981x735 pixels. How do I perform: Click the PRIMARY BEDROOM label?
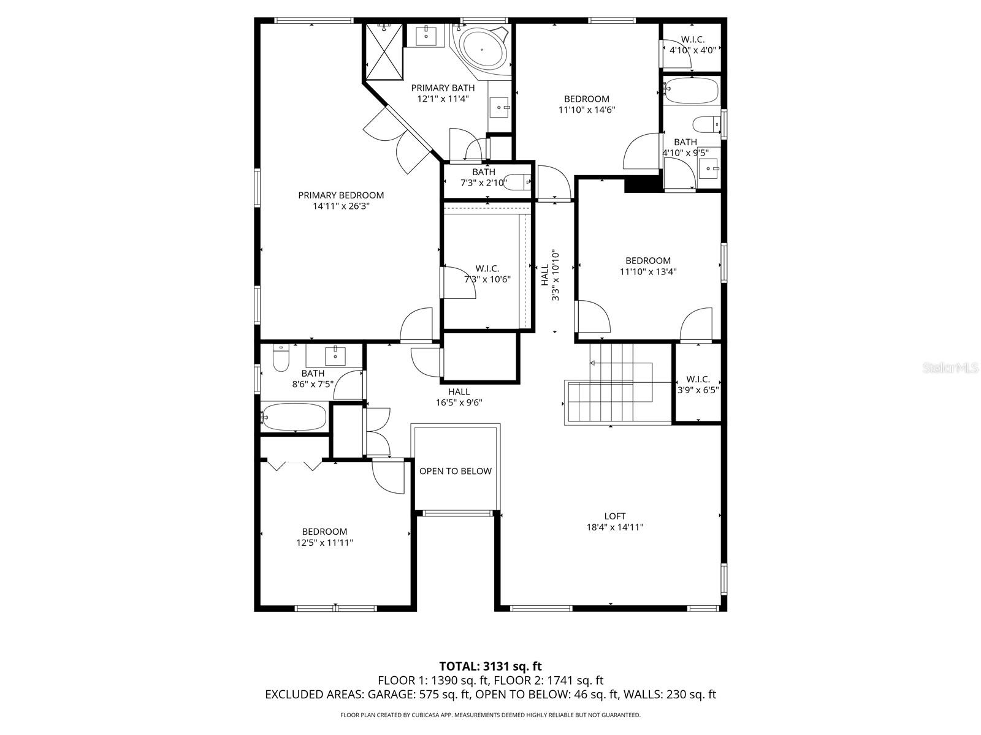[x=341, y=195]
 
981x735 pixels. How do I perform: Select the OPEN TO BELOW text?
[x=455, y=471]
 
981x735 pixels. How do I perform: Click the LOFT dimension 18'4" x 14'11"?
[x=614, y=527]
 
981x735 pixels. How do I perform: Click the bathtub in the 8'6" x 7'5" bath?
[x=294, y=417]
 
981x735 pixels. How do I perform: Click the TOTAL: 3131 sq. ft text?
[x=490, y=666]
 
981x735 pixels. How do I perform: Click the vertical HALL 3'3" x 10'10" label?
[x=549, y=274]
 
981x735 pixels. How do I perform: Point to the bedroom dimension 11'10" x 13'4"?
[x=647, y=271]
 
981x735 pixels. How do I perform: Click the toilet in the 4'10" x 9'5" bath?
[x=706, y=125]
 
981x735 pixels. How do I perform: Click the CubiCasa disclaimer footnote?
[x=490, y=715]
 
